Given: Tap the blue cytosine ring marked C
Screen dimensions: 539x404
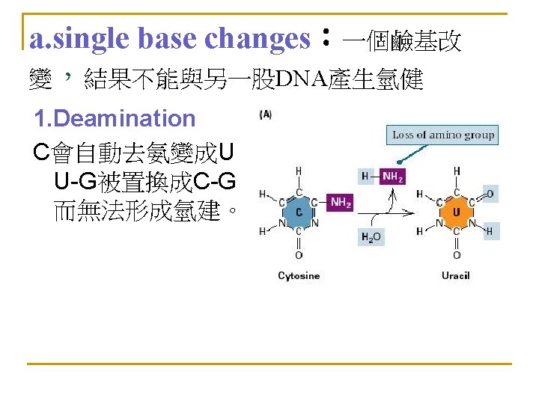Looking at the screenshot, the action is click(x=299, y=212).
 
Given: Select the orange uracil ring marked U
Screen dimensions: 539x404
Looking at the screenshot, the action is click(x=457, y=212).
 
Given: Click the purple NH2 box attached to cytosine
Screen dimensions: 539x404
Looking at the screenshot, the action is click(x=341, y=202).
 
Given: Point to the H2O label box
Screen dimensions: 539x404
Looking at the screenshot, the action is click(x=371, y=237).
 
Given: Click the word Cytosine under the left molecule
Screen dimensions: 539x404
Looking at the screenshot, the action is click(x=299, y=276).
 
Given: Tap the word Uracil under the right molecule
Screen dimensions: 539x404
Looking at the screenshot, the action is click(x=456, y=276).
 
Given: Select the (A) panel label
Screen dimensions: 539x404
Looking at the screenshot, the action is click(x=265, y=114).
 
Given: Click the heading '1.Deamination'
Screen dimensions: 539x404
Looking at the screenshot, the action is click(x=115, y=118).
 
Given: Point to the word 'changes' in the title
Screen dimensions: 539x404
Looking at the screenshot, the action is click(x=258, y=39).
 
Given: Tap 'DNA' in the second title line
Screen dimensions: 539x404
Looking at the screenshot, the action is click(x=300, y=78).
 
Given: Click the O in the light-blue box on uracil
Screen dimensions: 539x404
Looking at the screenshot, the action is click(x=490, y=195).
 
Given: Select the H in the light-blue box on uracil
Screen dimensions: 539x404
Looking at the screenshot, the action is click(x=490, y=232).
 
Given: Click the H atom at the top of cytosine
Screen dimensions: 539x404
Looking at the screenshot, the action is click(x=299, y=171).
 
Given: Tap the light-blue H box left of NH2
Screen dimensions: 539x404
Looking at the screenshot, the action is click(x=365, y=177).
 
